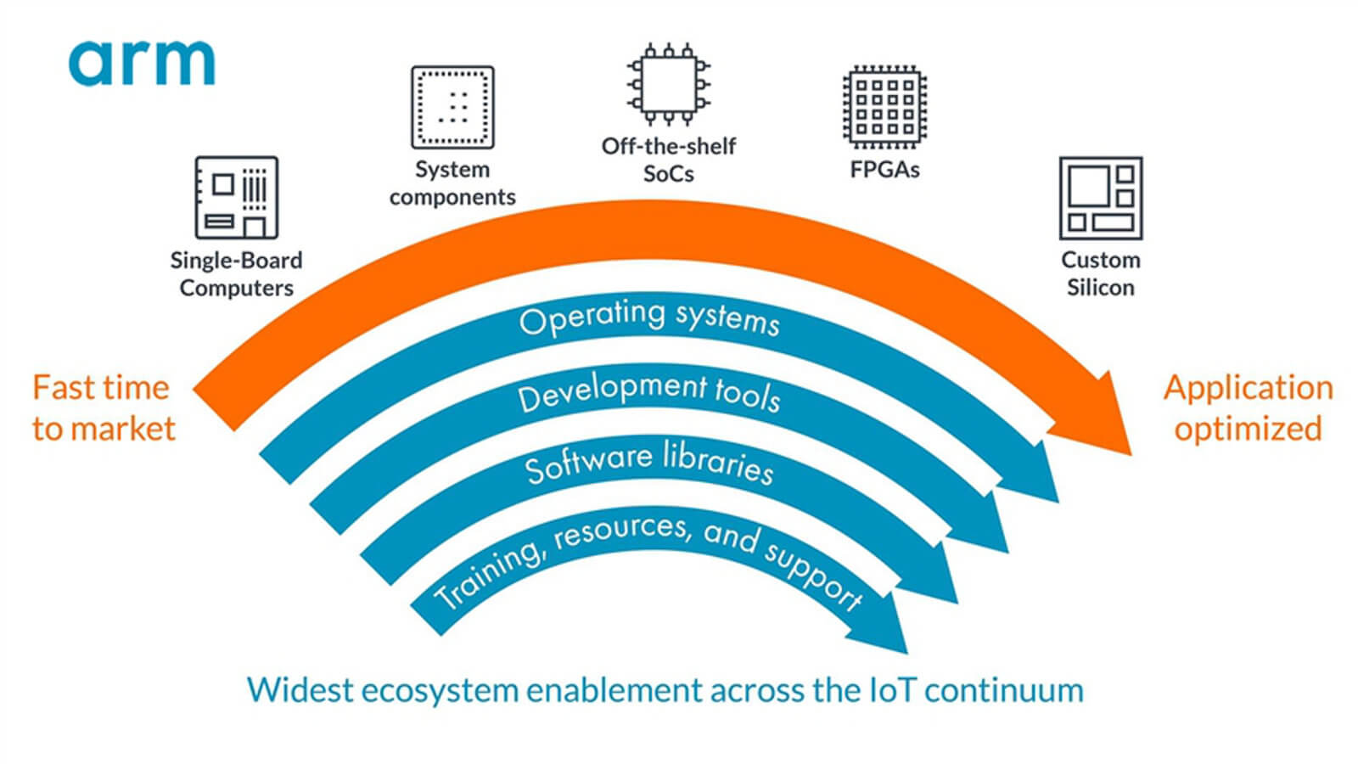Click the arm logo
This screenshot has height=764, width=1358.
pos(142,63)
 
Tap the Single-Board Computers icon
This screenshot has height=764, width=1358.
pos(236,197)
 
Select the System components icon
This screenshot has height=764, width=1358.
pos(452,108)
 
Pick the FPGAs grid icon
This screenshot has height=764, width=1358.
pos(884,108)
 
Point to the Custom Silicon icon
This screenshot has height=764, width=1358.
pos(1100,198)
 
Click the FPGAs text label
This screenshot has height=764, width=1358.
pos(884,170)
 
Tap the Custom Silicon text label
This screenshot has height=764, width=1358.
pos(1100,273)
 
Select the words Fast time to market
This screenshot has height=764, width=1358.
pos(103,408)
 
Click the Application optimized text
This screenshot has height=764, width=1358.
pos(1248,408)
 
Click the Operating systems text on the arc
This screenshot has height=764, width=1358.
pos(649,318)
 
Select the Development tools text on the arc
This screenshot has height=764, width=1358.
pos(649,391)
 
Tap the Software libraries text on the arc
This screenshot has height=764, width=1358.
pos(649,462)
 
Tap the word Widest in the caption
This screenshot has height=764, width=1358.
pos(299,690)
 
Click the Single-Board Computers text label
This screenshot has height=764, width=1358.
pos(236,273)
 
